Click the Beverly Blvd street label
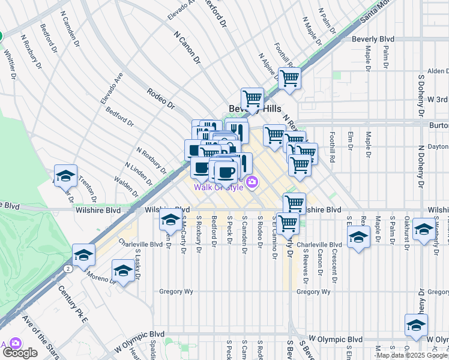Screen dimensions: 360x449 click(x=373, y=39)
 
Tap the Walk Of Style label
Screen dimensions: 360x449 click(x=218, y=187)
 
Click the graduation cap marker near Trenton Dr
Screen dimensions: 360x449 click(x=65, y=176)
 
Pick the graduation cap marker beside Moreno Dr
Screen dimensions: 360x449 click(x=123, y=271)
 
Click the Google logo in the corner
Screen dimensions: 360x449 click(x=19, y=353)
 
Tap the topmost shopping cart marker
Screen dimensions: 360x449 click(x=289, y=78)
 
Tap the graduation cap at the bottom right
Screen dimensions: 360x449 click(x=416, y=326)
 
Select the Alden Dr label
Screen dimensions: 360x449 click(x=438, y=71)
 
